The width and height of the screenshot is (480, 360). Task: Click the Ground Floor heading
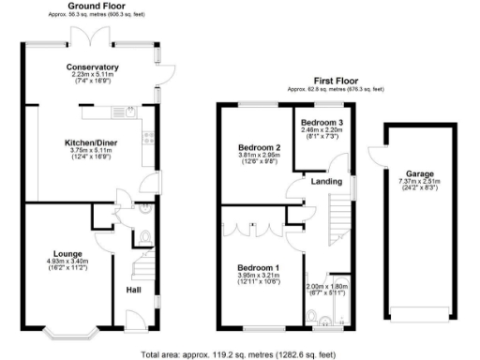(x=92, y=7)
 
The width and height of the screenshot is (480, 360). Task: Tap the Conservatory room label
(x=92, y=67)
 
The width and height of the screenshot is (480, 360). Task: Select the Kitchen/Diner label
(x=92, y=142)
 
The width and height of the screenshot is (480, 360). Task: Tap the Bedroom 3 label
(x=322, y=123)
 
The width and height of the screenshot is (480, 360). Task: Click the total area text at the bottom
(x=239, y=354)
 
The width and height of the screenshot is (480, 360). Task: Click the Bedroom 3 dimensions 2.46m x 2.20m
(x=322, y=130)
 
